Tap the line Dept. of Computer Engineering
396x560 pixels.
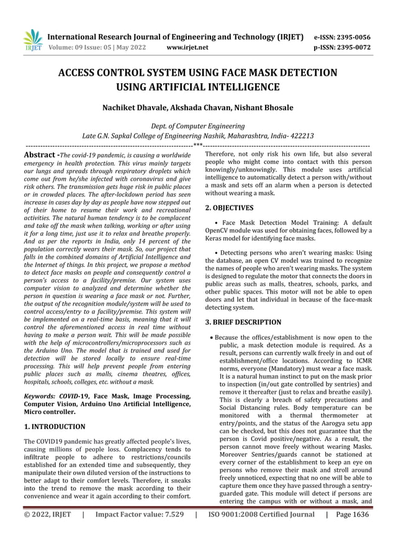coord(197,126)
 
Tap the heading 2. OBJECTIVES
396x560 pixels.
coord(229,208)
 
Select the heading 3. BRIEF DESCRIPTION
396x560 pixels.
coord(243,322)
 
